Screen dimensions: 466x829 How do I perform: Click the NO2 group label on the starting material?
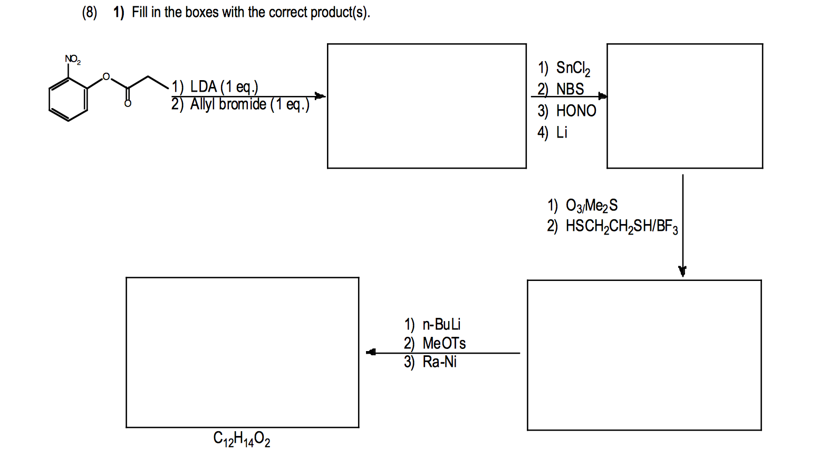72,59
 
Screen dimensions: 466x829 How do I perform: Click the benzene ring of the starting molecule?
68,99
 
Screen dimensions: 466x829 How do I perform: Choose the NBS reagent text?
570,89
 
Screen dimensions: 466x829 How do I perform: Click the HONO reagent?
576,111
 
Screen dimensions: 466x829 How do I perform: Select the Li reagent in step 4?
562,132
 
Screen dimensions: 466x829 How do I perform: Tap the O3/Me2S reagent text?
591,205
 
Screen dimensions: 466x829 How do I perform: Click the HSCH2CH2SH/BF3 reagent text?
621,226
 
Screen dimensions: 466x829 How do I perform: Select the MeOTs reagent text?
444,343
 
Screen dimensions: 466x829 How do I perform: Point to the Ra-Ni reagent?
439,362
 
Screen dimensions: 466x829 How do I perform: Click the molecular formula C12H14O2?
242,439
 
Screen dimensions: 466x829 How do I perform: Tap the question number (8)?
90,12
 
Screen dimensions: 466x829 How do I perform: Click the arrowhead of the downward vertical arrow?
682,271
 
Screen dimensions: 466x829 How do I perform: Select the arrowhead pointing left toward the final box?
371,352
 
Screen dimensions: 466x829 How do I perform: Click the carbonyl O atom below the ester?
128,103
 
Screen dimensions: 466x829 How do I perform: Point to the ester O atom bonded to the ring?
106,77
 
